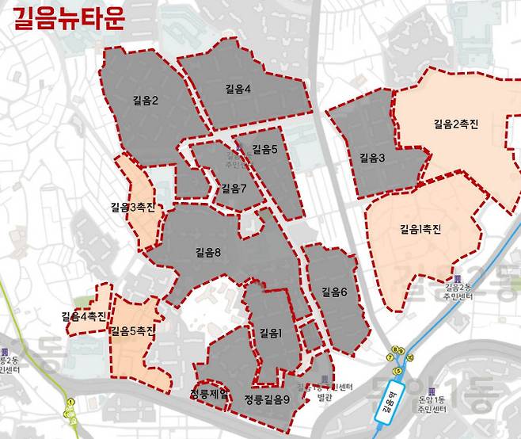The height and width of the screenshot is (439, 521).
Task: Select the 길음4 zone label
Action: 238,89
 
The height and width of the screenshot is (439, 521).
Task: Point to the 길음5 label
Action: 264,149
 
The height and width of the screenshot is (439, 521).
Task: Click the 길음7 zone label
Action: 234,189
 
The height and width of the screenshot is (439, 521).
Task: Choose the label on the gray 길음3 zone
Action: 371,158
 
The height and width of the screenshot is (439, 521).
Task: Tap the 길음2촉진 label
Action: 456,124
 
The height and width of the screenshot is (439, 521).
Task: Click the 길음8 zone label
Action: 207,253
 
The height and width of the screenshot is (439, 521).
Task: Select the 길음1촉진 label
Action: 420,230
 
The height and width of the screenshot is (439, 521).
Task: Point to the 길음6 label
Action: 334,292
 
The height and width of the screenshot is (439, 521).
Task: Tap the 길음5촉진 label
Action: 133,330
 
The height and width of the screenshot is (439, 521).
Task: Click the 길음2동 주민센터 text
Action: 457,292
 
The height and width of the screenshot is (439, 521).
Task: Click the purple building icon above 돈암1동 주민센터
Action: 431,392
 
